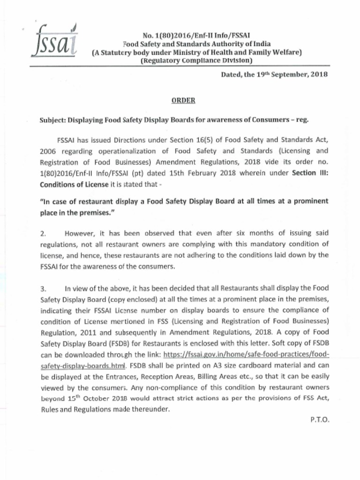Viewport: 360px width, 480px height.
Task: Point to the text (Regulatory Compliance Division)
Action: pos(196,60)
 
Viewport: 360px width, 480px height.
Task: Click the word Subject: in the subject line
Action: pos(53,120)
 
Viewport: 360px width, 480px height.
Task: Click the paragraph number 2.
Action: pos(43,233)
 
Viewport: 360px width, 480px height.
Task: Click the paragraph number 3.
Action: pos(43,288)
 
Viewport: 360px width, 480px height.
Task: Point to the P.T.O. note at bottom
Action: pos(320,420)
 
